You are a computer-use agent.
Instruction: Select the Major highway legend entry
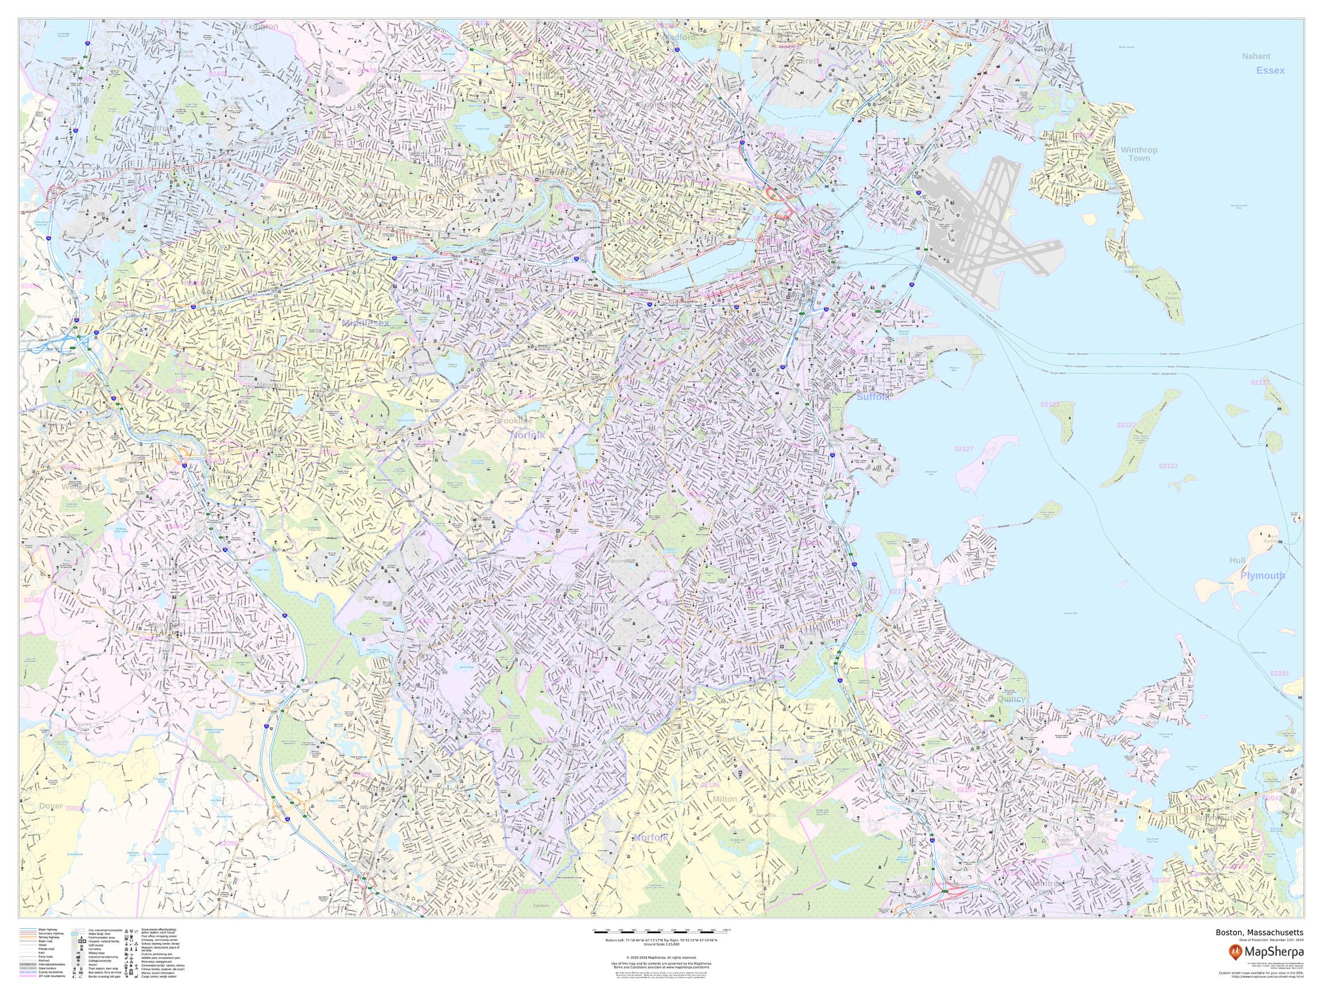click(48, 930)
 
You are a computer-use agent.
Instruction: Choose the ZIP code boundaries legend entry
click(52, 976)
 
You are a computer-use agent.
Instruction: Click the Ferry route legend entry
click(45, 957)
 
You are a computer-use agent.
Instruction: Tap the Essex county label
click(1270, 71)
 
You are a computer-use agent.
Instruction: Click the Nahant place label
click(1256, 56)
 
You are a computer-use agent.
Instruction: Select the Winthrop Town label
click(1139, 154)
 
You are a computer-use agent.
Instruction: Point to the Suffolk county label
click(873, 397)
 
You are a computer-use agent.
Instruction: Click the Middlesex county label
click(365, 323)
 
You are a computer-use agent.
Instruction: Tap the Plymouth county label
click(1262, 576)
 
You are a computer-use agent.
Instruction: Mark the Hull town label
click(1237, 560)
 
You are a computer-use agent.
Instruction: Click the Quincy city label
click(1011, 699)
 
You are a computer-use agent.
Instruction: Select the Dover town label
click(51, 806)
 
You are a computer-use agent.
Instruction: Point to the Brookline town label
click(513, 421)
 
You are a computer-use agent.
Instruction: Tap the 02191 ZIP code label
click(1280, 673)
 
